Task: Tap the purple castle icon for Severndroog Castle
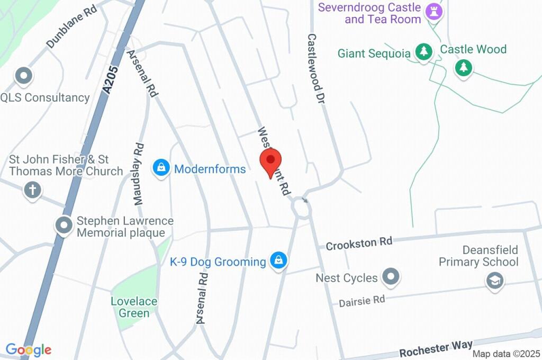tap(433, 12)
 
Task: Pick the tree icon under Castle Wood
tap(464, 67)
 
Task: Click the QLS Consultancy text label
tap(45, 97)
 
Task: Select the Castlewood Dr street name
tap(315, 69)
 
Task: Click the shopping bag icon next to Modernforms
tap(160, 168)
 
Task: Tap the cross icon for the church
tap(32, 190)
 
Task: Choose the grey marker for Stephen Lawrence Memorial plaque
tap(64, 226)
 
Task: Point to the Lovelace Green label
tap(134, 307)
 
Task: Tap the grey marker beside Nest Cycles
tap(391, 277)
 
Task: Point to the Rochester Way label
tap(436, 349)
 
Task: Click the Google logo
tap(29, 349)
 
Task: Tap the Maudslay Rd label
tap(139, 174)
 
